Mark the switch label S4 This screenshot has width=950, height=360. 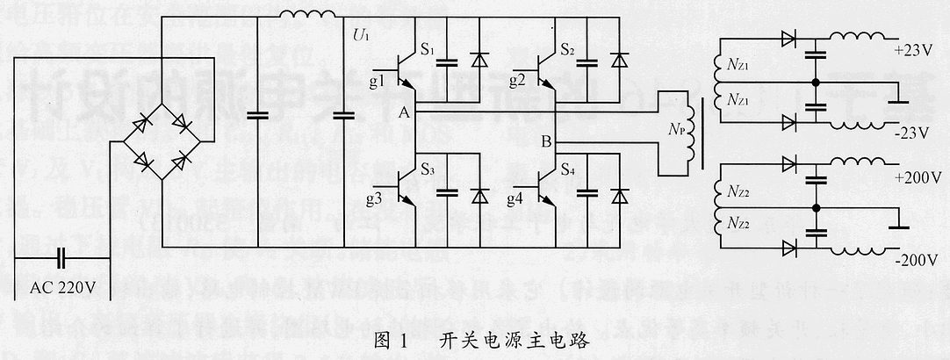pos(569,167)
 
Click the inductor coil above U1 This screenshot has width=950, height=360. pos(307,16)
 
